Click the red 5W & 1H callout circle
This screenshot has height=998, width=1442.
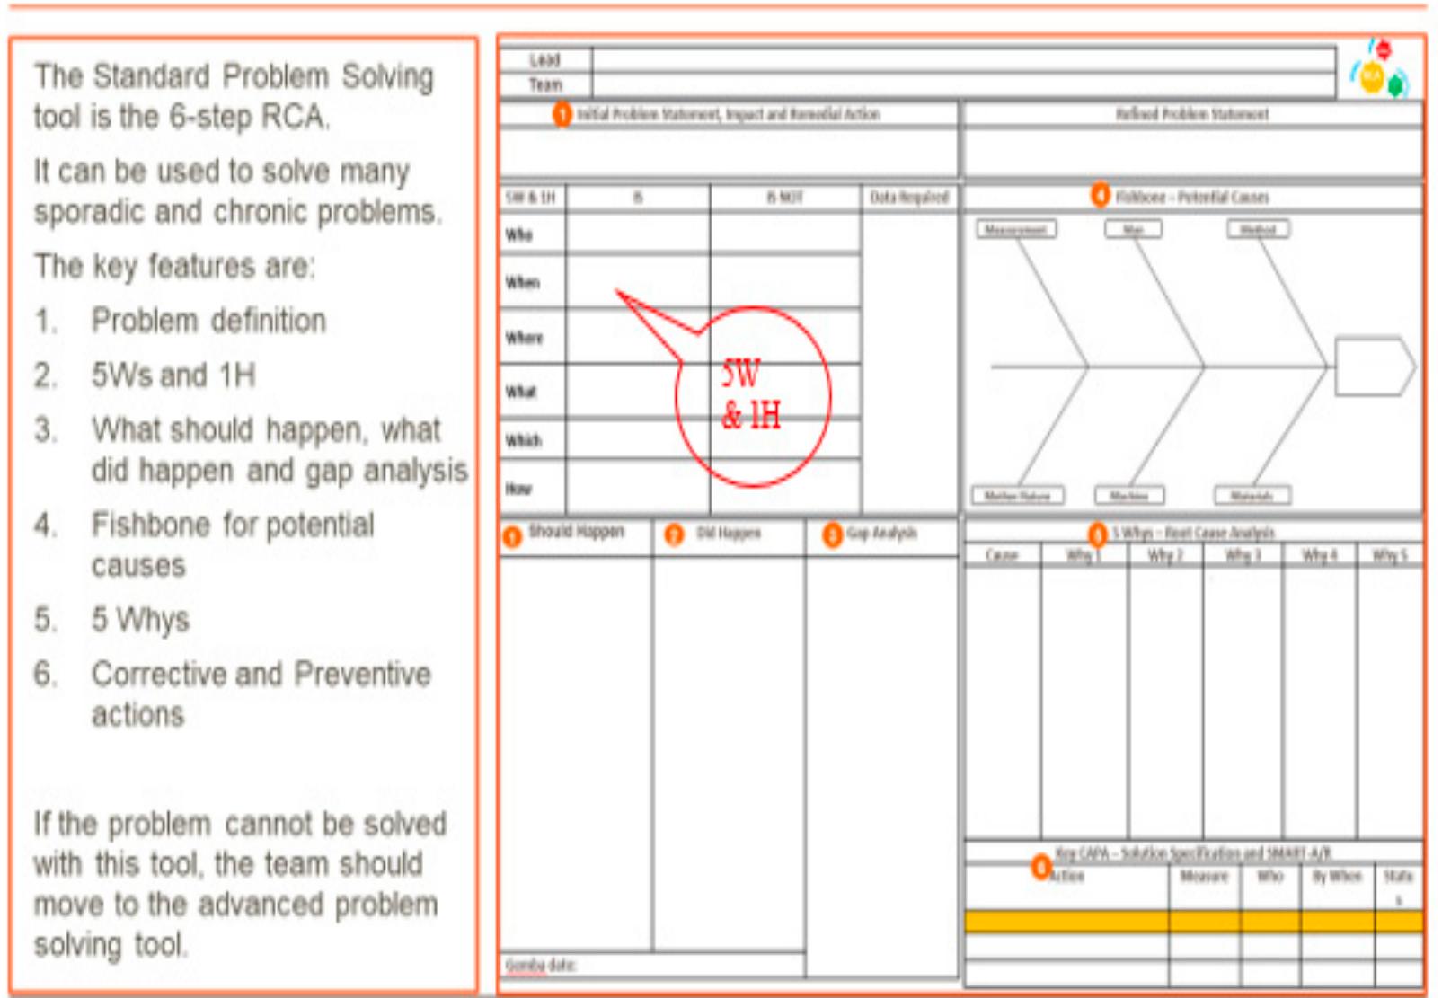click(x=753, y=396)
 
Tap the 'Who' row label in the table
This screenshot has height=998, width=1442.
click(x=518, y=235)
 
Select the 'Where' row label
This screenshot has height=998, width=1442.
click(x=524, y=338)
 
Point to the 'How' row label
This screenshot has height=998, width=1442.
click(x=518, y=489)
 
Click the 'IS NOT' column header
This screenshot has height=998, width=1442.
click(x=784, y=198)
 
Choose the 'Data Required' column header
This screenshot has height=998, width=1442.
click(x=908, y=198)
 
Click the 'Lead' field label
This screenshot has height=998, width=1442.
click(x=544, y=60)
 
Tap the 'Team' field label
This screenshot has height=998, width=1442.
click(x=544, y=85)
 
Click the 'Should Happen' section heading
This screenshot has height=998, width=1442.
click(x=576, y=532)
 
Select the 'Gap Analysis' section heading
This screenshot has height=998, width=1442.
click(x=881, y=534)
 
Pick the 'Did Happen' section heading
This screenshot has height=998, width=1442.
click(x=728, y=534)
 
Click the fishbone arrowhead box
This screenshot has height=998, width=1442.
click(x=1374, y=366)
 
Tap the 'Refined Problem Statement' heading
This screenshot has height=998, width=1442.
click(x=1192, y=114)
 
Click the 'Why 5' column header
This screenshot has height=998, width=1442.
click(x=1389, y=556)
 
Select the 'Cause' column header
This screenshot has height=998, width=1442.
click(x=1002, y=556)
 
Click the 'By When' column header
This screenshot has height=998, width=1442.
click(x=1336, y=876)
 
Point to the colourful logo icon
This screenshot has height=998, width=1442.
click(x=1380, y=70)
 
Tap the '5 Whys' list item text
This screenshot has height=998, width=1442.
click(x=140, y=620)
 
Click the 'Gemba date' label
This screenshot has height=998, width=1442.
click(x=540, y=966)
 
